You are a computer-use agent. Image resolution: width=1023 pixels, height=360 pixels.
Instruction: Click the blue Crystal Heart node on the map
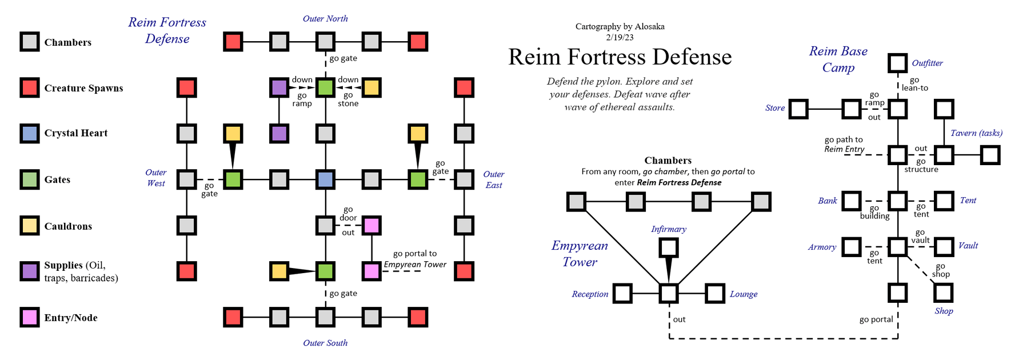pyautogui.click(x=325, y=179)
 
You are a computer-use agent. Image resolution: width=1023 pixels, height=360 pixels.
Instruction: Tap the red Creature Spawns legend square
pyautogui.click(x=30, y=87)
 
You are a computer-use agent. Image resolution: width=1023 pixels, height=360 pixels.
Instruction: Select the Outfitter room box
pyautogui.click(x=897, y=63)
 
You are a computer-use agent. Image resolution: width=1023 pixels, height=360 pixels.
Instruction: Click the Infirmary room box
pyautogui.click(x=669, y=247)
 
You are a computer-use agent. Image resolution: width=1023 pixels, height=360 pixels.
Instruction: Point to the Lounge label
pyautogui.click(x=743, y=294)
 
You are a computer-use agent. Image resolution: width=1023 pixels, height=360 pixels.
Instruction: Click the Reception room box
pyautogui.click(x=622, y=294)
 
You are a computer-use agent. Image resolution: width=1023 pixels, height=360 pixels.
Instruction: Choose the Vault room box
pyautogui.click(x=944, y=247)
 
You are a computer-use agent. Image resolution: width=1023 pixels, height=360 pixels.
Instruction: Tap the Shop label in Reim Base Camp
pyautogui.click(x=944, y=311)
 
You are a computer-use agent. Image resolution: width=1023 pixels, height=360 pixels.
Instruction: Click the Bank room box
pyautogui.click(x=851, y=201)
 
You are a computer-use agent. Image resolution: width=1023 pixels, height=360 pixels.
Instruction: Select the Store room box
pyautogui.click(x=798, y=109)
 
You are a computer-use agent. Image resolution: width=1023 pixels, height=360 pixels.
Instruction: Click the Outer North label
pyautogui.click(x=325, y=18)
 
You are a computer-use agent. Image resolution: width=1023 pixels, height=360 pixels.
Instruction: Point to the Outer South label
pyautogui.click(x=325, y=343)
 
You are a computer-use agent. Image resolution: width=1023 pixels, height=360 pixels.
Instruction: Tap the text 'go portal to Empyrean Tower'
pyautogui.click(x=415, y=259)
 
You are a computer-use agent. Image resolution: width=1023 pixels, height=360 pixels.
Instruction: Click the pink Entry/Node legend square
pyautogui.click(x=30, y=317)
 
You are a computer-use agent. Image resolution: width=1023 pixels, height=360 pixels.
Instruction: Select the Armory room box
pyautogui.click(x=851, y=247)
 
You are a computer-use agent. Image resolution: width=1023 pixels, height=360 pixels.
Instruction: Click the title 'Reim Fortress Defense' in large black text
pyautogui.click(x=620, y=57)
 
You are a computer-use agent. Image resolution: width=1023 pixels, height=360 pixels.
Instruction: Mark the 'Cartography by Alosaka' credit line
pyautogui.click(x=620, y=26)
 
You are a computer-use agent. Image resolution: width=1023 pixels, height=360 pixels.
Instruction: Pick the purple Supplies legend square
pyautogui.click(x=30, y=271)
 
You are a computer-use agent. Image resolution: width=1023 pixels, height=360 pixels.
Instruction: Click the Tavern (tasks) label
pyautogui.click(x=976, y=133)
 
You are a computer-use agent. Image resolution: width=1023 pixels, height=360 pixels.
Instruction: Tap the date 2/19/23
pyautogui.click(x=620, y=37)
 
